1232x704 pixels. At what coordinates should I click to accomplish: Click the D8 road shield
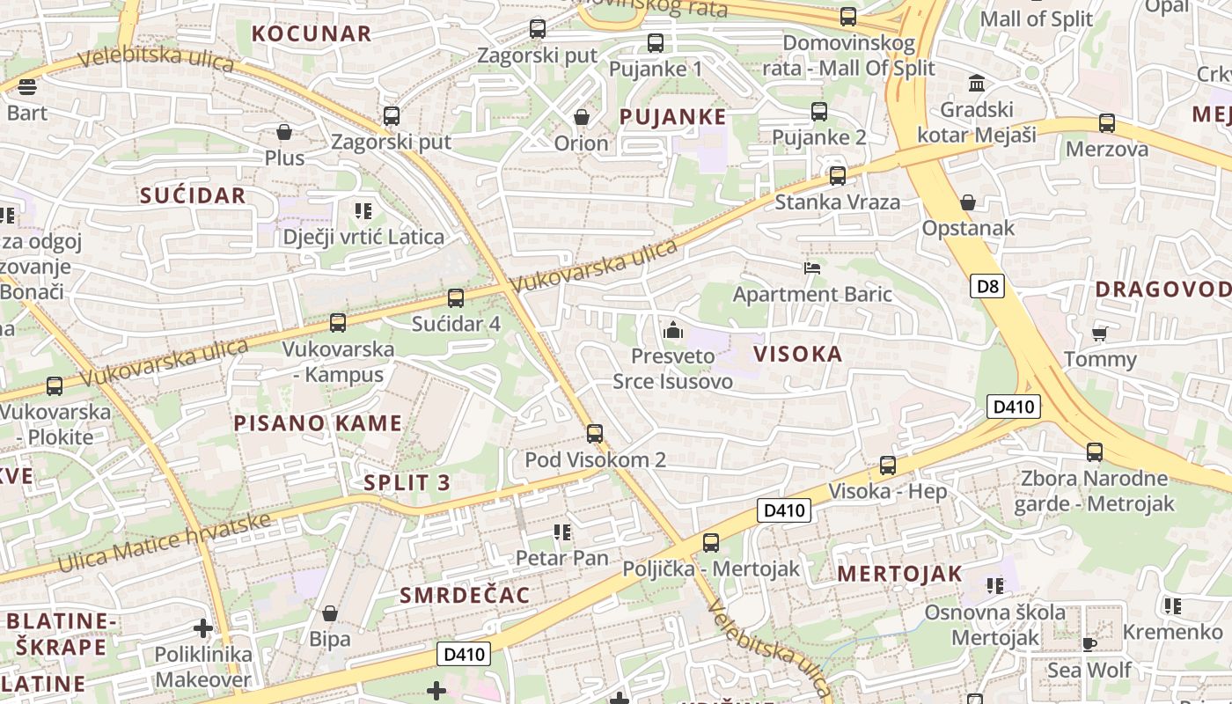[988, 286]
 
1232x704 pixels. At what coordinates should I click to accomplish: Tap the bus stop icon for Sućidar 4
[455, 298]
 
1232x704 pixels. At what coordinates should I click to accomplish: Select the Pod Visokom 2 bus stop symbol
[595, 433]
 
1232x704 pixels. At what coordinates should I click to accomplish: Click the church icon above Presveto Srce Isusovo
[673, 331]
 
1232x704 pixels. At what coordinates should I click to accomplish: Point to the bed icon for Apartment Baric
[812, 268]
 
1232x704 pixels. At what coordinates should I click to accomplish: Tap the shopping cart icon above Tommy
[1099, 334]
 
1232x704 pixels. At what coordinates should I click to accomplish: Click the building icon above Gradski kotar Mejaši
[976, 84]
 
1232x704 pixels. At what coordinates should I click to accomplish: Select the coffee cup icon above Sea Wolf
[1089, 644]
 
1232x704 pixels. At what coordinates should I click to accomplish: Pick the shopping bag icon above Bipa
[330, 613]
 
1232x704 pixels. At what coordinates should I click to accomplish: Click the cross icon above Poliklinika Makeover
[203, 628]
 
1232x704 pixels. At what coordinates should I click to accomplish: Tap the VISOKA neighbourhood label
[798, 354]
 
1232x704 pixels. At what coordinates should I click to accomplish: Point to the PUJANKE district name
[673, 117]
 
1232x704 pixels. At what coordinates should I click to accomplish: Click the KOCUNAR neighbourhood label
[312, 34]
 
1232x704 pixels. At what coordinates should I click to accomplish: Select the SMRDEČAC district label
[466, 596]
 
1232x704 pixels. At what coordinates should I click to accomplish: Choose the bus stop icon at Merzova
[1107, 123]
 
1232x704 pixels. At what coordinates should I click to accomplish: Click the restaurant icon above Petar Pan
[562, 532]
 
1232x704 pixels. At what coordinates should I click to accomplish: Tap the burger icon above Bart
[26, 87]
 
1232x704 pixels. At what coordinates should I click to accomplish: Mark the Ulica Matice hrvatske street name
[165, 540]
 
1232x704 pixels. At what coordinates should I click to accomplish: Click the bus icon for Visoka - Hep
[888, 466]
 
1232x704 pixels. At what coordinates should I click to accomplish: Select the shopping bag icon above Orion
[581, 117]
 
